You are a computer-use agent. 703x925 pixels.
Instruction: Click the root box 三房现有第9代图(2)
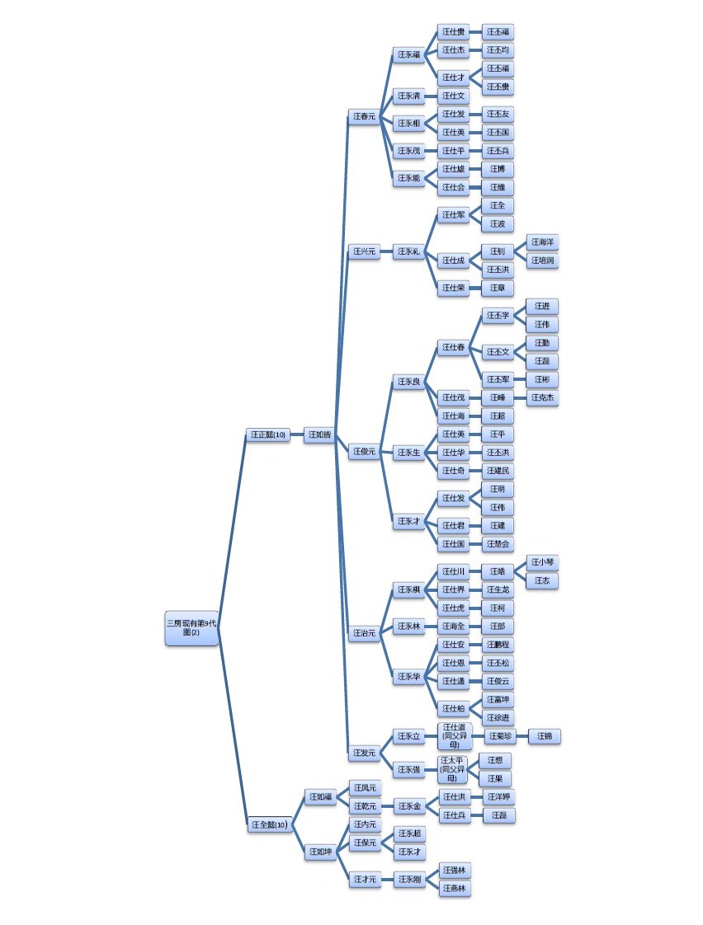pos(191,627)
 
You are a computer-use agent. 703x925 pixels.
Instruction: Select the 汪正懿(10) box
pos(268,434)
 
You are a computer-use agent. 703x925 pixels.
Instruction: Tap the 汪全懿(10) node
pos(269,824)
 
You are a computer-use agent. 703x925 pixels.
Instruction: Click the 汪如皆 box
pos(318,434)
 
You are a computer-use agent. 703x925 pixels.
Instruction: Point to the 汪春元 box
pos(364,117)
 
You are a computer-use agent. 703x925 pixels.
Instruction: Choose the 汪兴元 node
pos(364,251)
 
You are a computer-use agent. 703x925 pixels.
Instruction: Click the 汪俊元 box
pos(364,451)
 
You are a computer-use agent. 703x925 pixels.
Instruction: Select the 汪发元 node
pos(364,752)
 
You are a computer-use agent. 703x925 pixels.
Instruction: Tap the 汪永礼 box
pos(408,251)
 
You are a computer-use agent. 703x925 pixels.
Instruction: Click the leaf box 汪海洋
pos(542,242)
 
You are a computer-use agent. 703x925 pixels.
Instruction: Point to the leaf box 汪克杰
pos(542,397)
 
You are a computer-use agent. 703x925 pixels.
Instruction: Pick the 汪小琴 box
pos(542,562)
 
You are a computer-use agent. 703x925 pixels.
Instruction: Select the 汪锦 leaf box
pos(543,735)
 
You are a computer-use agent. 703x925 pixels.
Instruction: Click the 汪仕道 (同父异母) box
pos(453,735)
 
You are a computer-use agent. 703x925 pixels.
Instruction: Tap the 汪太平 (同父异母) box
pos(452,769)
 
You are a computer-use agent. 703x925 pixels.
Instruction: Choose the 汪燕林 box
pos(454,888)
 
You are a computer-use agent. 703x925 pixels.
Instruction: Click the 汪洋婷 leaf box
pos(498,797)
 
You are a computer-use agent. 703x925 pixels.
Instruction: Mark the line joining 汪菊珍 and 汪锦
pos(521,735)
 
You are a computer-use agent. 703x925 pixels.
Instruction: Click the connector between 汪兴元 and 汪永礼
pos(385,251)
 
